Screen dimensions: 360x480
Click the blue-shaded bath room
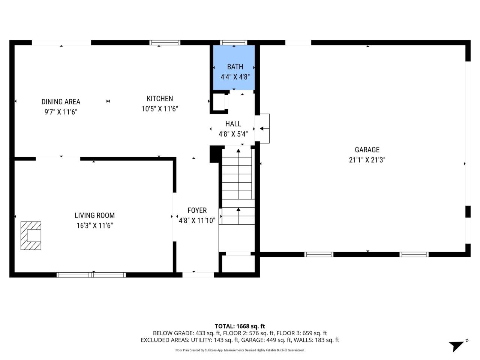(x=234, y=68)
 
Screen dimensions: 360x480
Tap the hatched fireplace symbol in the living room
(x=31, y=235)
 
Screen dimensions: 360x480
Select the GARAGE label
(x=367, y=150)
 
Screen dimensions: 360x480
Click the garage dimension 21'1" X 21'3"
(x=367, y=160)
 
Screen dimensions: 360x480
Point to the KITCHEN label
(x=160, y=99)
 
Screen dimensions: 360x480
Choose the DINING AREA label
(x=61, y=102)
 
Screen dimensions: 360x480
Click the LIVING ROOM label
(x=94, y=215)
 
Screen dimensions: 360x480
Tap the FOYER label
(x=197, y=210)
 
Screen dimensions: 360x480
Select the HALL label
(x=233, y=124)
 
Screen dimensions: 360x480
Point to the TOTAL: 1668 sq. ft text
(x=240, y=326)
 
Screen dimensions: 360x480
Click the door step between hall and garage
(x=264, y=128)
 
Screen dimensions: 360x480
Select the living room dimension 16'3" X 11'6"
(x=94, y=225)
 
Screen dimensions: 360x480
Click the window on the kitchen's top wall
(x=165, y=43)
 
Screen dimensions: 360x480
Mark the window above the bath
(x=233, y=43)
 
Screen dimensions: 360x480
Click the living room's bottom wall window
(x=91, y=275)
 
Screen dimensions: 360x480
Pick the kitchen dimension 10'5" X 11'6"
(x=160, y=109)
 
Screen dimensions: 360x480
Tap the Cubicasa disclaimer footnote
(x=240, y=350)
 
